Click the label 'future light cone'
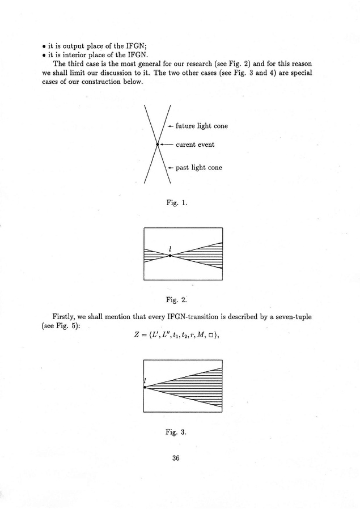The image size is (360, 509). (x=202, y=126)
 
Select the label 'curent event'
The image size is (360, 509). (x=195, y=145)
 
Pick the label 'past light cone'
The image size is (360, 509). (x=199, y=168)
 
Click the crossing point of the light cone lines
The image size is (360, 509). (x=158, y=145)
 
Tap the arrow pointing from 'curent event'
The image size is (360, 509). (x=167, y=145)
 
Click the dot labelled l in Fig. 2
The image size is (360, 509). (x=170, y=256)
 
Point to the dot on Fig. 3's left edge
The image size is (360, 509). (x=145, y=387)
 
